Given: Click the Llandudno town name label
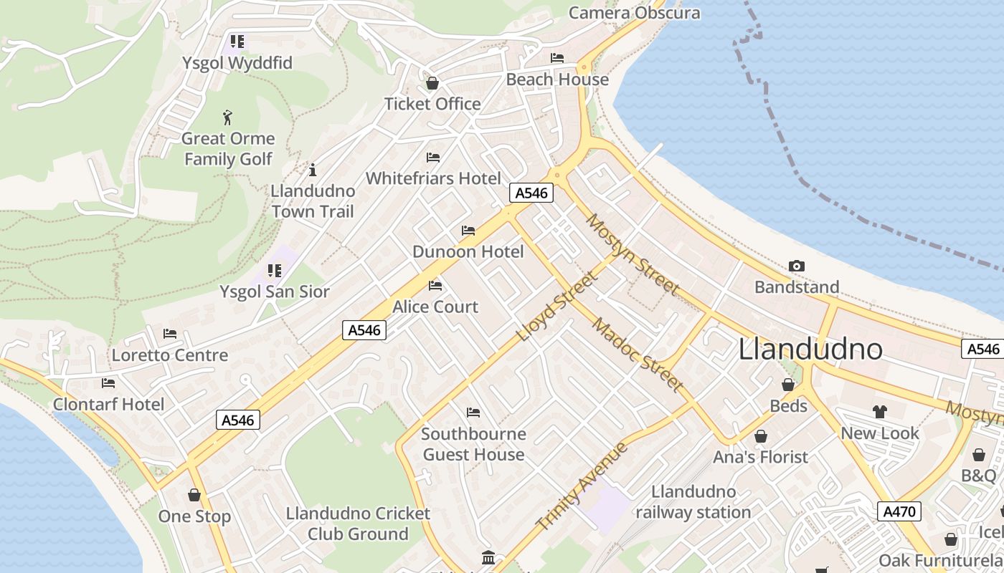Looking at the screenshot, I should point(810,349).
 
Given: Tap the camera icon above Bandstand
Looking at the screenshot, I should point(796,266).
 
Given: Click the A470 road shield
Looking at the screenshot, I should point(899,511).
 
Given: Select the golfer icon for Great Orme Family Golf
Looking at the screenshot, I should point(228,117).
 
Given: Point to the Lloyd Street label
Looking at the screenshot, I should point(556,306).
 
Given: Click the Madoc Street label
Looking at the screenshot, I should point(637,355).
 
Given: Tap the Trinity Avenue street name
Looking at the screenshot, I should point(582,486).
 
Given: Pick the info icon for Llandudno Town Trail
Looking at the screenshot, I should point(312,170).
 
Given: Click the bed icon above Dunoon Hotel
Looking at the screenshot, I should point(468,231).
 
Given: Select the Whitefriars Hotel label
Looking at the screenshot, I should point(433,178).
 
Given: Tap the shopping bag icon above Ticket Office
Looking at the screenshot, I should point(432,84).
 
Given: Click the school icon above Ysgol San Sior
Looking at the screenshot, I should point(275,271).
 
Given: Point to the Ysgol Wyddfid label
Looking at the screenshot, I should point(237,63).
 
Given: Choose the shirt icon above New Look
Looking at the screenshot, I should point(880,412).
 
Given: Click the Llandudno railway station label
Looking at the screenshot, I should point(693,502).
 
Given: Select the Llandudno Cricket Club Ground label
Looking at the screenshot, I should point(358,524).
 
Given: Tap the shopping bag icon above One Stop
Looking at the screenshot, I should point(194,495).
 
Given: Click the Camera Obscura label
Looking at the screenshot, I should point(634,13).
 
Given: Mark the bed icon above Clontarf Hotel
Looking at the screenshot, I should point(108,383).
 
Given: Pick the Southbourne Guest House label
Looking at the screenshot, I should point(473,444).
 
